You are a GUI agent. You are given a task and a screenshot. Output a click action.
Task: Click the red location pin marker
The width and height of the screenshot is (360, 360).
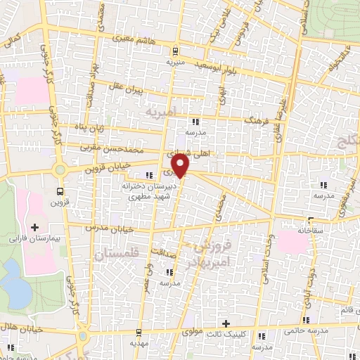coord(181,166)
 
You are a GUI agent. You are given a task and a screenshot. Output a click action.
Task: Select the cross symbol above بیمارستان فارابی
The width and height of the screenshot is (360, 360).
coord(34,227)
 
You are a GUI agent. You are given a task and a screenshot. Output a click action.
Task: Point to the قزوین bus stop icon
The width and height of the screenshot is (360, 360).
coord(59,190)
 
